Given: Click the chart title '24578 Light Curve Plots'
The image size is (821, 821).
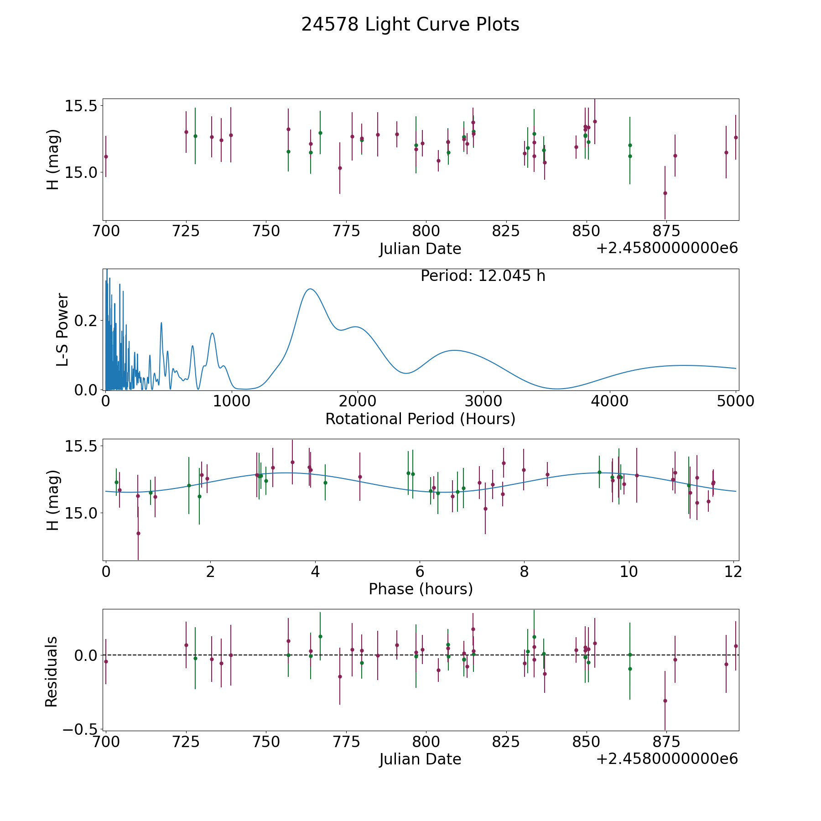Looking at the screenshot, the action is pos(410,25).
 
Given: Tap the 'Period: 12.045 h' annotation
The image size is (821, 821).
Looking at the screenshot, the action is pos(483,276).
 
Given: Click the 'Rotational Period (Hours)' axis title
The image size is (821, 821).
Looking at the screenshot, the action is pos(420,419).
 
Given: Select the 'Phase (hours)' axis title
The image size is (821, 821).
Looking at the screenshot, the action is pos(421,589).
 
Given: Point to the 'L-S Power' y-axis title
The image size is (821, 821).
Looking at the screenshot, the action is pos(62,329).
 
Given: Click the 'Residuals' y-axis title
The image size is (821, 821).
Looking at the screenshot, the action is pos(51,671).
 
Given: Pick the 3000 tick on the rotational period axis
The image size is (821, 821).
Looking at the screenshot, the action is pos(483,401).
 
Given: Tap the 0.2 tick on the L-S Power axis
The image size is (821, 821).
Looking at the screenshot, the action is pos(86,321).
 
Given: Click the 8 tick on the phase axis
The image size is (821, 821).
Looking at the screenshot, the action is pos(524,572).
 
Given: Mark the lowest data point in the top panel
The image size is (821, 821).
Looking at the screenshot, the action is pos(665,193).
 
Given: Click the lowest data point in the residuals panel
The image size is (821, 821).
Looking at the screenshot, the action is pos(665,701).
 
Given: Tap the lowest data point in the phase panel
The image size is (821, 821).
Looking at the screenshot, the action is pos(138,533).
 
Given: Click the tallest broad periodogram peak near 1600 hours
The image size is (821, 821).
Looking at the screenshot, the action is pos(310,289).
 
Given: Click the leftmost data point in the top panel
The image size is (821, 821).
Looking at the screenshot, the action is pos(106,156).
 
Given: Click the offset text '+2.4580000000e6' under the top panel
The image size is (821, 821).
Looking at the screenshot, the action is pos(667,248).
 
